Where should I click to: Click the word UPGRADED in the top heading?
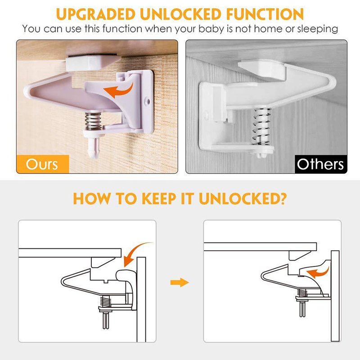95,14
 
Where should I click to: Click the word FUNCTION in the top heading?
265,14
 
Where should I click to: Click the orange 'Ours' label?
43,164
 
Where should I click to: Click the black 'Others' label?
321,164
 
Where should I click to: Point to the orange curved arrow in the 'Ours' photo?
118,90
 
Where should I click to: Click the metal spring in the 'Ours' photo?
93,121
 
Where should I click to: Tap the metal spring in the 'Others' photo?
262,127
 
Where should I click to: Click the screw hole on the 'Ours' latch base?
148,101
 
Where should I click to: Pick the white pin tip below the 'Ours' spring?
94,147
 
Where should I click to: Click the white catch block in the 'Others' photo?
262,69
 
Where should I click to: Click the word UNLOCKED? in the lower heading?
243,198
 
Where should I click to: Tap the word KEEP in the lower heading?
159,198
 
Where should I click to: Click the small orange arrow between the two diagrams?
180,282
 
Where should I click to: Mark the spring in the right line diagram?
302,292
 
